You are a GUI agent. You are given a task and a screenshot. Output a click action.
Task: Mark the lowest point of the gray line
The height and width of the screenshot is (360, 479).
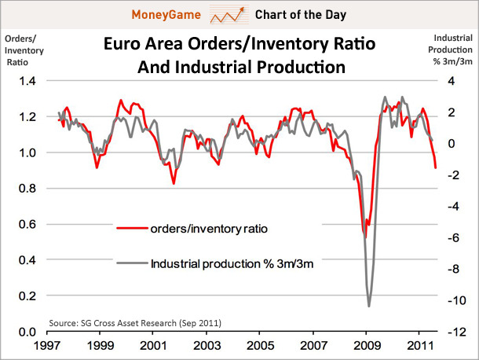pos(369,306)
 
